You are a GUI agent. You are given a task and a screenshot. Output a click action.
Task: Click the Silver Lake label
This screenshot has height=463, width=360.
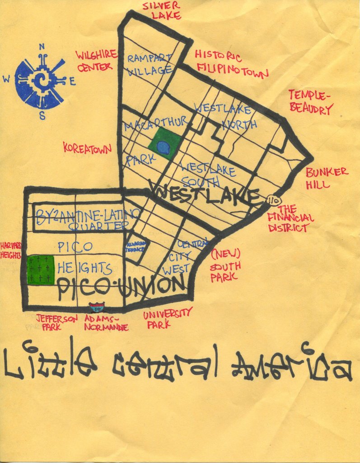click(x=162, y=10)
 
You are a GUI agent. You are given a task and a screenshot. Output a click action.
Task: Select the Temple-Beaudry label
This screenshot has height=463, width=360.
click(x=311, y=102)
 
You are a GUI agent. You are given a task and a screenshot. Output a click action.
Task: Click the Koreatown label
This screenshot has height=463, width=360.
click(x=88, y=148)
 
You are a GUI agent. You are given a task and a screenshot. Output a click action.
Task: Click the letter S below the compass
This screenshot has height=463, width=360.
click(x=42, y=116)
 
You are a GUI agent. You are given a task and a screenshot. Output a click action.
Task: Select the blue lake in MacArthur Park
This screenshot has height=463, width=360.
click(x=164, y=146)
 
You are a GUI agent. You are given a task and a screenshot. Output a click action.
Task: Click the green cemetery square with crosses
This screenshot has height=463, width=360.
click(x=41, y=270)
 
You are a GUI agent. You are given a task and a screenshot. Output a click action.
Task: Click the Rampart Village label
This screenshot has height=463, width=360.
click(x=150, y=64)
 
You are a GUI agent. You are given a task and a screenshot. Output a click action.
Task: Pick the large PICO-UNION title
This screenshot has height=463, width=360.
click(x=121, y=287)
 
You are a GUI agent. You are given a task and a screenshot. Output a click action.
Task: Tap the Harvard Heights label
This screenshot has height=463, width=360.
click(x=11, y=250)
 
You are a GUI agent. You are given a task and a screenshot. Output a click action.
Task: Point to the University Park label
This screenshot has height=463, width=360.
click(x=167, y=317)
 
